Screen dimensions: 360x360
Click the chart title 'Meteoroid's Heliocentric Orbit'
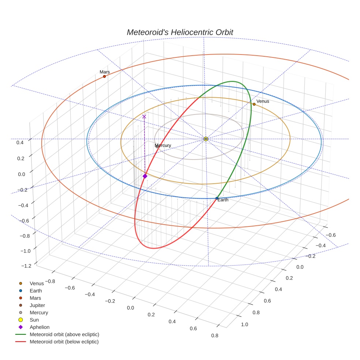point(180,32)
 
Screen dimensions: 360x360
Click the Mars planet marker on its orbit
point(104,76)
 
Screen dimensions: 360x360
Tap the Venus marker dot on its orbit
point(254,104)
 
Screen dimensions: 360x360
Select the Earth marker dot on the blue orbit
point(217,198)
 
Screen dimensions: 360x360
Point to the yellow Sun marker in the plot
point(206,139)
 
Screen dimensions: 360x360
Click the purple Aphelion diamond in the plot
point(145,176)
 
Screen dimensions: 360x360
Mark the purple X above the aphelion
point(144,117)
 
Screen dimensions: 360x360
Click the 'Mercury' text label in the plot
point(163,146)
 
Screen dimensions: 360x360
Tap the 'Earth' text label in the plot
point(223,200)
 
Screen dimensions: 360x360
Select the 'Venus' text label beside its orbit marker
point(263,101)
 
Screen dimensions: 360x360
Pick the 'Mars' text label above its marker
point(105,72)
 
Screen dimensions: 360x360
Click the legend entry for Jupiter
point(37,305)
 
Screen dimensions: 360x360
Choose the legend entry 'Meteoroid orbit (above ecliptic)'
point(64,334)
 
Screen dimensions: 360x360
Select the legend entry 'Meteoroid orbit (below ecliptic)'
point(64,342)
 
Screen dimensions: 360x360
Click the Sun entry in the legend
point(34,320)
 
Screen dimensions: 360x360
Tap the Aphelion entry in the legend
point(40,327)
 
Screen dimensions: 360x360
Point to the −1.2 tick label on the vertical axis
point(26,266)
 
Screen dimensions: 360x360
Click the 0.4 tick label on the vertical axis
point(20,142)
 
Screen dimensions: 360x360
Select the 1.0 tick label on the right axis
point(244,325)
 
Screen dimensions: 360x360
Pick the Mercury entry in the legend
point(39,313)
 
